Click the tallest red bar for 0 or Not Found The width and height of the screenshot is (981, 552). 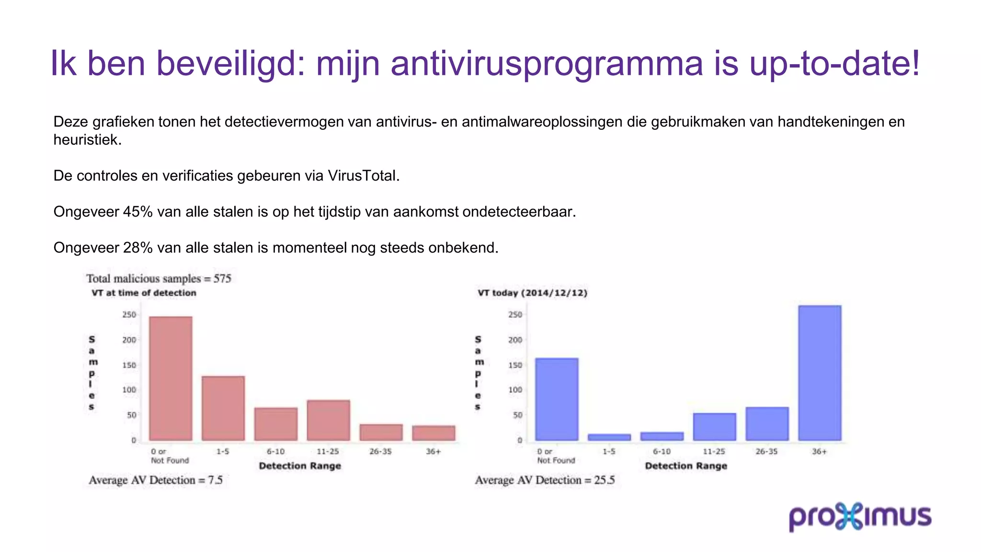[171, 379]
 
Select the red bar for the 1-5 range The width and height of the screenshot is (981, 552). [223, 408]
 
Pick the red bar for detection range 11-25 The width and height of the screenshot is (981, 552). [329, 420]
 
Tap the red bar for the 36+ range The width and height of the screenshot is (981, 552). [433, 433]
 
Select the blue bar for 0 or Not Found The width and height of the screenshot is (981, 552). [557, 399]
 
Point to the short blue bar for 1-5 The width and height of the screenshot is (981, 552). [609, 437]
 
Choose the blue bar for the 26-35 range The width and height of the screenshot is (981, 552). [767, 424]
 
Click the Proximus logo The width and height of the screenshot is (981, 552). [860, 517]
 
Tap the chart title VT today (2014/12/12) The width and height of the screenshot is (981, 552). [532, 293]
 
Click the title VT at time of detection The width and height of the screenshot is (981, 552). [144, 293]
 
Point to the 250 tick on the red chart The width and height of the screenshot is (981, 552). [129, 315]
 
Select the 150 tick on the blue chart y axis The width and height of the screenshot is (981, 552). [515, 365]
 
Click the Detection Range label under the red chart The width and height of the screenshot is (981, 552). [300, 466]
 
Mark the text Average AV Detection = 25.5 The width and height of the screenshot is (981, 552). [545, 480]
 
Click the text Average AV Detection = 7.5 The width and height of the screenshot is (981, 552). [156, 480]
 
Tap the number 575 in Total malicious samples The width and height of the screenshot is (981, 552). [222, 279]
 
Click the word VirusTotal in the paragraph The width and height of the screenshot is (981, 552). [363, 176]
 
